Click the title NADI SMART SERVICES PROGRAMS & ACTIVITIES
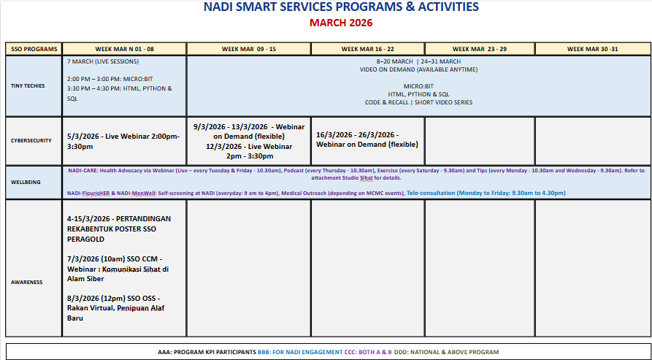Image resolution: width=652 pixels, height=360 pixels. (x=341, y=7)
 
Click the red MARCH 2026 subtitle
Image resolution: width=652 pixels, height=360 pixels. (x=341, y=23)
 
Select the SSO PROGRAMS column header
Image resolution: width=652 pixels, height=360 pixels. (x=34, y=49)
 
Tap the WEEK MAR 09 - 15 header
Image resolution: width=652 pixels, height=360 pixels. (x=249, y=49)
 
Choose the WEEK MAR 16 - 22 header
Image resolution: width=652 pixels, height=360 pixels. (x=368, y=49)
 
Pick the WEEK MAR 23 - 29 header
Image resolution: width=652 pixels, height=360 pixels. (x=480, y=49)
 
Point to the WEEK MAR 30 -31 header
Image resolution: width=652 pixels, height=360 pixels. (x=592, y=49)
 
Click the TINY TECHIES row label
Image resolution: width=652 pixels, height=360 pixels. (x=28, y=86)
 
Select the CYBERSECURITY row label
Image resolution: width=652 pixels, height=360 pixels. (x=31, y=140)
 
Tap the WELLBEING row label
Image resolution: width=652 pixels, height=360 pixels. (x=26, y=182)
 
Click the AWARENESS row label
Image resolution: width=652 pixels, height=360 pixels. (x=26, y=282)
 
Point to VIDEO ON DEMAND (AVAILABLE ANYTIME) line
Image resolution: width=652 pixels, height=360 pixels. (x=418, y=69)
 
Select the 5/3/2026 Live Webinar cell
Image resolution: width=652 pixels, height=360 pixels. (x=123, y=141)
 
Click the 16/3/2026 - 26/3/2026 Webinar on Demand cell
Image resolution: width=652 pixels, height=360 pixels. (x=367, y=139)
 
